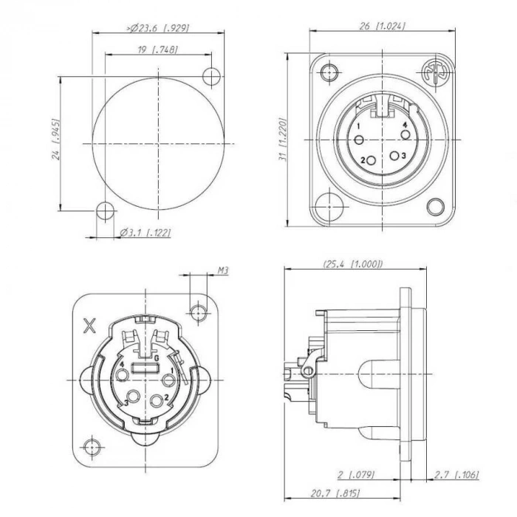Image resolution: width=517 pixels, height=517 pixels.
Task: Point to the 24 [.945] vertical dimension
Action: point(55,141)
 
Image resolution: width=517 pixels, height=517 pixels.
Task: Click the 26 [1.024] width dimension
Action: point(382,26)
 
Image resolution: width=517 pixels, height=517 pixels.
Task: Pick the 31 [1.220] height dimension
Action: point(283,140)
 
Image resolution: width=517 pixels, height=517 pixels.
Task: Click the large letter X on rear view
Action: point(90,325)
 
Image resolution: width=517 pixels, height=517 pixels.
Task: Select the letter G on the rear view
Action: point(157,357)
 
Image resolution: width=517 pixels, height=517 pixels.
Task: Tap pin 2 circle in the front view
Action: point(372,159)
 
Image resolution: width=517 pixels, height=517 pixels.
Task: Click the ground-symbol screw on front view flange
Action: point(432,75)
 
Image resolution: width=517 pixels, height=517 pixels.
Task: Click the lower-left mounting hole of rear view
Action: point(92,447)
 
